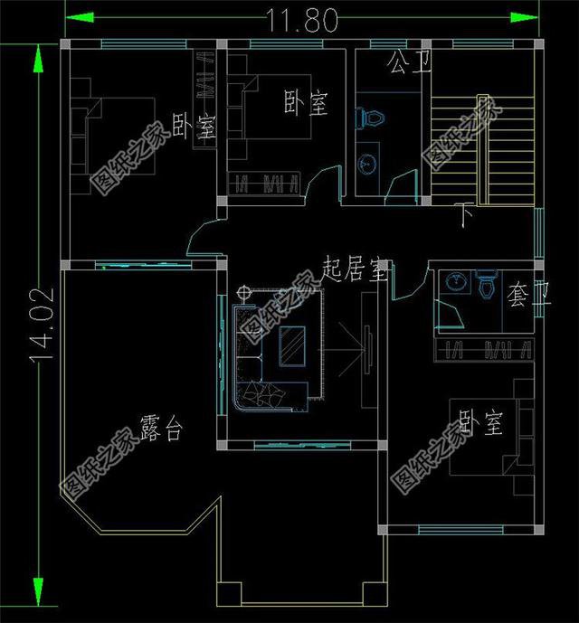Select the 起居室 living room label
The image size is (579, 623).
pyautogui.click(x=355, y=268)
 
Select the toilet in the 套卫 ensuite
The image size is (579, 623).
pyautogui.click(x=487, y=286)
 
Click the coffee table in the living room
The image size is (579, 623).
pyautogui.click(x=291, y=345)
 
